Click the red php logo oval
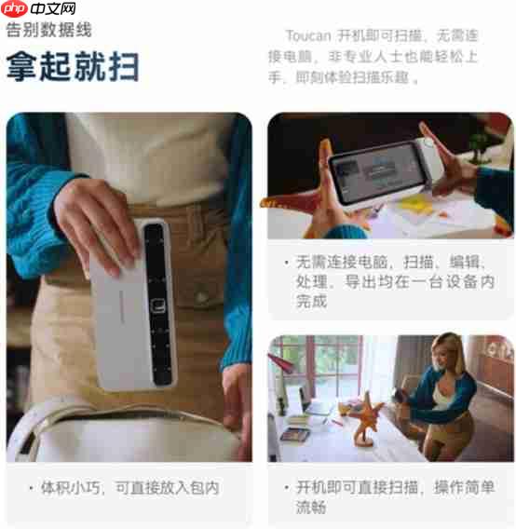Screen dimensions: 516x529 click(14, 8)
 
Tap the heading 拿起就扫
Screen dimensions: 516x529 click(73, 66)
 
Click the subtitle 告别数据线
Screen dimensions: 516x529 click(49, 30)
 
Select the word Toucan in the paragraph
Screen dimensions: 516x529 click(307, 35)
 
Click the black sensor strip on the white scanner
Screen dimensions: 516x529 click(158, 304)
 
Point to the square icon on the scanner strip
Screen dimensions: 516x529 click(157, 306)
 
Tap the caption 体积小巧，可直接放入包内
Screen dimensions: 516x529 click(129, 488)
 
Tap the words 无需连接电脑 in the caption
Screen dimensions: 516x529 click(342, 262)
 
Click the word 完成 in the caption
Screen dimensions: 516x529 click(311, 301)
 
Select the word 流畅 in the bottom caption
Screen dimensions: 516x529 click(311, 507)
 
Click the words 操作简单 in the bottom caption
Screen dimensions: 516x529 click(465, 487)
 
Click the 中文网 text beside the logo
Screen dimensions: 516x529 click(53, 8)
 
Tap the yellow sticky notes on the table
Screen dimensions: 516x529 click(415, 204)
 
